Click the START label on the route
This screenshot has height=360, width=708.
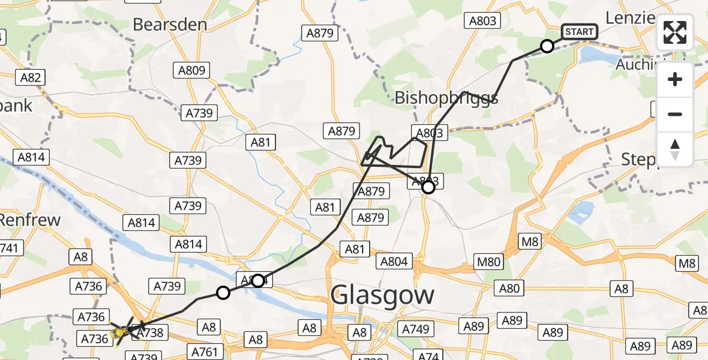click(579, 32)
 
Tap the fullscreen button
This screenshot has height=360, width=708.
click(675, 32)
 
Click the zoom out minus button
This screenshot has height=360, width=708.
click(675, 114)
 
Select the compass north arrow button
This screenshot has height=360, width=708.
click(675, 149)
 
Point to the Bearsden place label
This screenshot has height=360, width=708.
click(170, 25)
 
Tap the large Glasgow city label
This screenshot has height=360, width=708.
click(382, 295)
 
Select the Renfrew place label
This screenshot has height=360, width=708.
click(30, 220)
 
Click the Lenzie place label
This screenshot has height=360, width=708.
click(629, 17)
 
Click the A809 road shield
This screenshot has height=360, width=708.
click(192, 70)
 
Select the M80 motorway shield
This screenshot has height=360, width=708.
click(487, 261)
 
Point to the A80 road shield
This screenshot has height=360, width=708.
click(509, 289)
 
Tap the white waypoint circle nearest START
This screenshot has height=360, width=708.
click(547, 46)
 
